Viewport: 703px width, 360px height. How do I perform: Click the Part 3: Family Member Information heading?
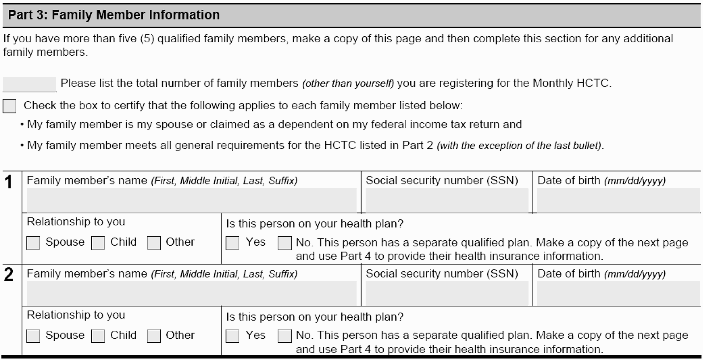(x=114, y=15)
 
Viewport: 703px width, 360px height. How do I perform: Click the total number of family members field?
(x=29, y=84)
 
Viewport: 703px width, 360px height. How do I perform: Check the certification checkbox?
(x=9, y=106)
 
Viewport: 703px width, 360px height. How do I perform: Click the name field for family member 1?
(x=191, y=200)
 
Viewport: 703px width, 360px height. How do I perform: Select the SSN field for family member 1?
(x=447, y=200)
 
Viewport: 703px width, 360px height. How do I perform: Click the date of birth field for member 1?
(x=618, y=200)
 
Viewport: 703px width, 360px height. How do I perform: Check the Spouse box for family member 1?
(x=33, y=243)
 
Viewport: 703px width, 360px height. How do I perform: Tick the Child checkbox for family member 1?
(x=98, y=243)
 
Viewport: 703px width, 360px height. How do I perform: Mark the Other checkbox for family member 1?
(x=154, y=243)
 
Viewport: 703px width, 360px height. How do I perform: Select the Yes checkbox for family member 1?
(x=232, y=243)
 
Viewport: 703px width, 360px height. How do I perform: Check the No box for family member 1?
(x=285, y=243)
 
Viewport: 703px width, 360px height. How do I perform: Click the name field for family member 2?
(x=191, y=293)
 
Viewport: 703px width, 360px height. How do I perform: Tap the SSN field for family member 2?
(x=447, y=293)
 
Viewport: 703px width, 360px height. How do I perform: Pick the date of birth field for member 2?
(x=618, y=293)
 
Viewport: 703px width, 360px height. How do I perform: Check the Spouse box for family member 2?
(x=33, y=336)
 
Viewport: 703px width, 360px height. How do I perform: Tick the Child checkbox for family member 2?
(x=98, y=336)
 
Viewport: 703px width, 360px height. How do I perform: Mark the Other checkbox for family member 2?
(x=154, y=336)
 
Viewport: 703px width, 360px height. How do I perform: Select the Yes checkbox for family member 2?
(x=232, y=336)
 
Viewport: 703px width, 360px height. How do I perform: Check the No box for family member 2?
(x=285, y=336)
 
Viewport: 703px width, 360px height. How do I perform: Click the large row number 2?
(x=9, y=275)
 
